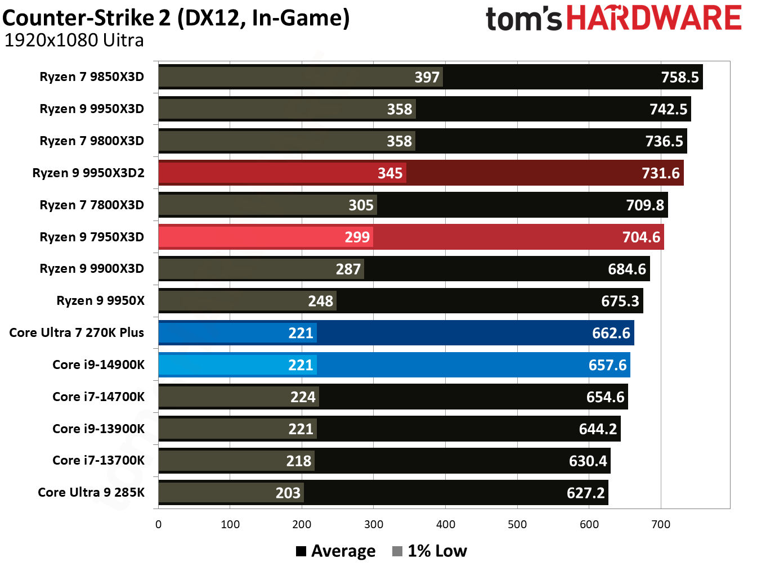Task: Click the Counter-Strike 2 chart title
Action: click(176, 18)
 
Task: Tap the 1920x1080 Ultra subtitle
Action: click(74, 40)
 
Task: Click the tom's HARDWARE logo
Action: click(613, 19)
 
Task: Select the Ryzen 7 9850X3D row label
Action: click(92, 77)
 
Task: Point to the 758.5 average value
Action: click(679, 77)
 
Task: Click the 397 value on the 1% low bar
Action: click(427, 77)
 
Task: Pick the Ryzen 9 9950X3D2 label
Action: click(88, 173)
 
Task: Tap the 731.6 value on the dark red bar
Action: click(660, 173)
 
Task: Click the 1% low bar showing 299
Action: click(265, 237)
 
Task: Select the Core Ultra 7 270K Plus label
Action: click(77, 333)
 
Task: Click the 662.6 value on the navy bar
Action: click(611, 333)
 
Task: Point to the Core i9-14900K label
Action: click(98, 365)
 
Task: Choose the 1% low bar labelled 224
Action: click(239, 397)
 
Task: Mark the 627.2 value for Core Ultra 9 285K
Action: click(585, 493)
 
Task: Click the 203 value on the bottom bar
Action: click(288, 493)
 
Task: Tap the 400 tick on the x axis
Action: click(445, 525)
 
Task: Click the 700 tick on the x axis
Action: click(661, 525)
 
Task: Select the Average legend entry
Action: click(336, 551)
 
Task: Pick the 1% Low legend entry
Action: click(430, 551)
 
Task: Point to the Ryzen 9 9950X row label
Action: click(100, 301)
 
